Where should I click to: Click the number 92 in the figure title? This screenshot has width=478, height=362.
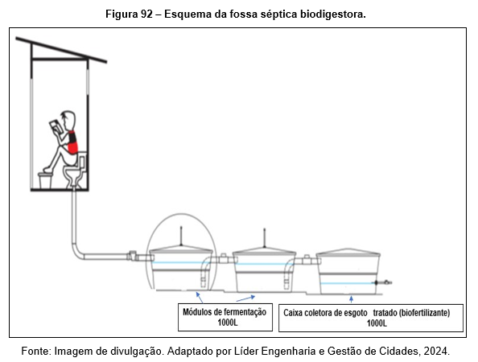click(x=146, y=14)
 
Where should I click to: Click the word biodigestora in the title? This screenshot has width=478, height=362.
click(x=332, y=14)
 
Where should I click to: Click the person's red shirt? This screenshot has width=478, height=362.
click(x=72, y=142)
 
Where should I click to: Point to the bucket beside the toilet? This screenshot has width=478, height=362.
click(x=45, y=180)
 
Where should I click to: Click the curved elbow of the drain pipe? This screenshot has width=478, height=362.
click(x=78, y=253)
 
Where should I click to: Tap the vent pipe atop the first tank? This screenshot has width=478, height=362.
click(x=181, y=236)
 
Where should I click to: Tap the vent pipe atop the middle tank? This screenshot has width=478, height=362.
click(x=265, y=238)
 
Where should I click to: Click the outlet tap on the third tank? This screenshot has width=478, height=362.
click(x=383, y=282)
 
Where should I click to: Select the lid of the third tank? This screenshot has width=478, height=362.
click(x=348, y=252)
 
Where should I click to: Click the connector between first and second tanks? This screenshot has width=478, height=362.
click(x=224, y=259)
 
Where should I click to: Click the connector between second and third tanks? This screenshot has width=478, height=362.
click(x=307, y=260)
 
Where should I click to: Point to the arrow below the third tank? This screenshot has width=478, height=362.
click(x=351, y=298)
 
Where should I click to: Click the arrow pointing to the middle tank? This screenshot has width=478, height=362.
click(x=245, y=298)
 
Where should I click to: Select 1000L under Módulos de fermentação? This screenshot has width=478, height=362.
click(x=228, y=323)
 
